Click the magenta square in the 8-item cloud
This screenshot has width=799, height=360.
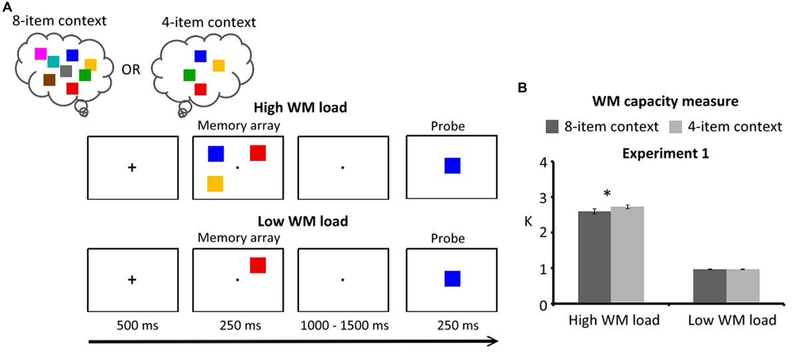pyautogui.click(x=41, y=54)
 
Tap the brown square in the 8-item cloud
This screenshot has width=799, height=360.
pyautogui.click(x=49, y=80)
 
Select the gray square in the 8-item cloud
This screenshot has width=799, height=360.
pyautogui.click(x=66, y=71)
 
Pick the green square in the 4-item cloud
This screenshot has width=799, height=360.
pyautogui.click(x=189, y=75)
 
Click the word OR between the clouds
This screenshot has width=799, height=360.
pyautogui.click(x=131, y=70)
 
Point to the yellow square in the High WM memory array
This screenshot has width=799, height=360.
pyautogui.click(x=215, y=184)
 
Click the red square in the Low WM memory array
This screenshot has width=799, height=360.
pyautogui.click(x=258, y=266)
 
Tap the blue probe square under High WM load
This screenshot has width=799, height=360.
pyautogui.click(x=452, y=166)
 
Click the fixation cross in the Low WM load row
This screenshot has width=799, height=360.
pyautogui.click(x=132, y=279)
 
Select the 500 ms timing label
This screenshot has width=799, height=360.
pyautogui.click(x=137, y=325)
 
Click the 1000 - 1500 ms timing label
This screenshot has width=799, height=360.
pyautogui.click(x=345, y=325)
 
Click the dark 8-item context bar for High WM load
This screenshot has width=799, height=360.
pyautogui.click(x=595, y=258)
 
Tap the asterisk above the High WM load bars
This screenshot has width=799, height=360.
pyautogui.click(x=607, y=194)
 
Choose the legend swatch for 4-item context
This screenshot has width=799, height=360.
pyautogui.click(x=675, y=127)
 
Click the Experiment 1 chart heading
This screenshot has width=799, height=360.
pyautogui.click(x=666, y=154)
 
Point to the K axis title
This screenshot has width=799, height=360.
pyautogui.click(x=528, y=222)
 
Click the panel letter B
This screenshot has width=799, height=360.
pyautogui.click(x=522, y=88)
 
